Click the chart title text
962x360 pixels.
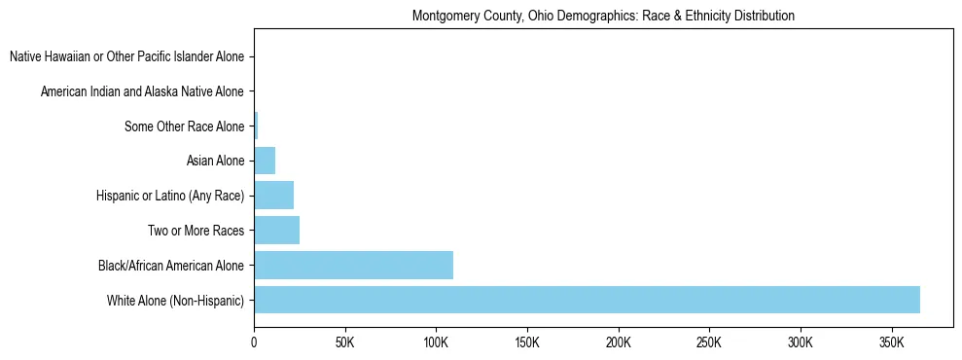pos(603,16)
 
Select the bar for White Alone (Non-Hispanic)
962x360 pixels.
pos(587,300)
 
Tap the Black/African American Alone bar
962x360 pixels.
pos(353,265)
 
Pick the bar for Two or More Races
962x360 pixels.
pos(276,231)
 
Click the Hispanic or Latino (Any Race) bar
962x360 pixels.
pos(273,196)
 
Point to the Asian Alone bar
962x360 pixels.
pos(265,161)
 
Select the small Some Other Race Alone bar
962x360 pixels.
pos(256,126)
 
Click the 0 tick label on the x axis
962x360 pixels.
pos(254,343)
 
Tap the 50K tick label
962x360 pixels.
pos(344,343)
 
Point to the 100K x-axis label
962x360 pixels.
pos(436,343)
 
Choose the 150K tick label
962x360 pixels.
pos(527,343)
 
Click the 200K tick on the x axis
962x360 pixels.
pos(619,343)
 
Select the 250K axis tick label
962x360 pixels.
pos(709,343)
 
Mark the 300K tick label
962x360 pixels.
pos(801,343)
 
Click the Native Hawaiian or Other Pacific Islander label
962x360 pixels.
pos(126,57)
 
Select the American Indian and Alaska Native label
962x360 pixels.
pos(142,91)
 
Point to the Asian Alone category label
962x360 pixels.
pos(215,161)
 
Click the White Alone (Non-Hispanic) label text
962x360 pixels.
pos(175,300)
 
